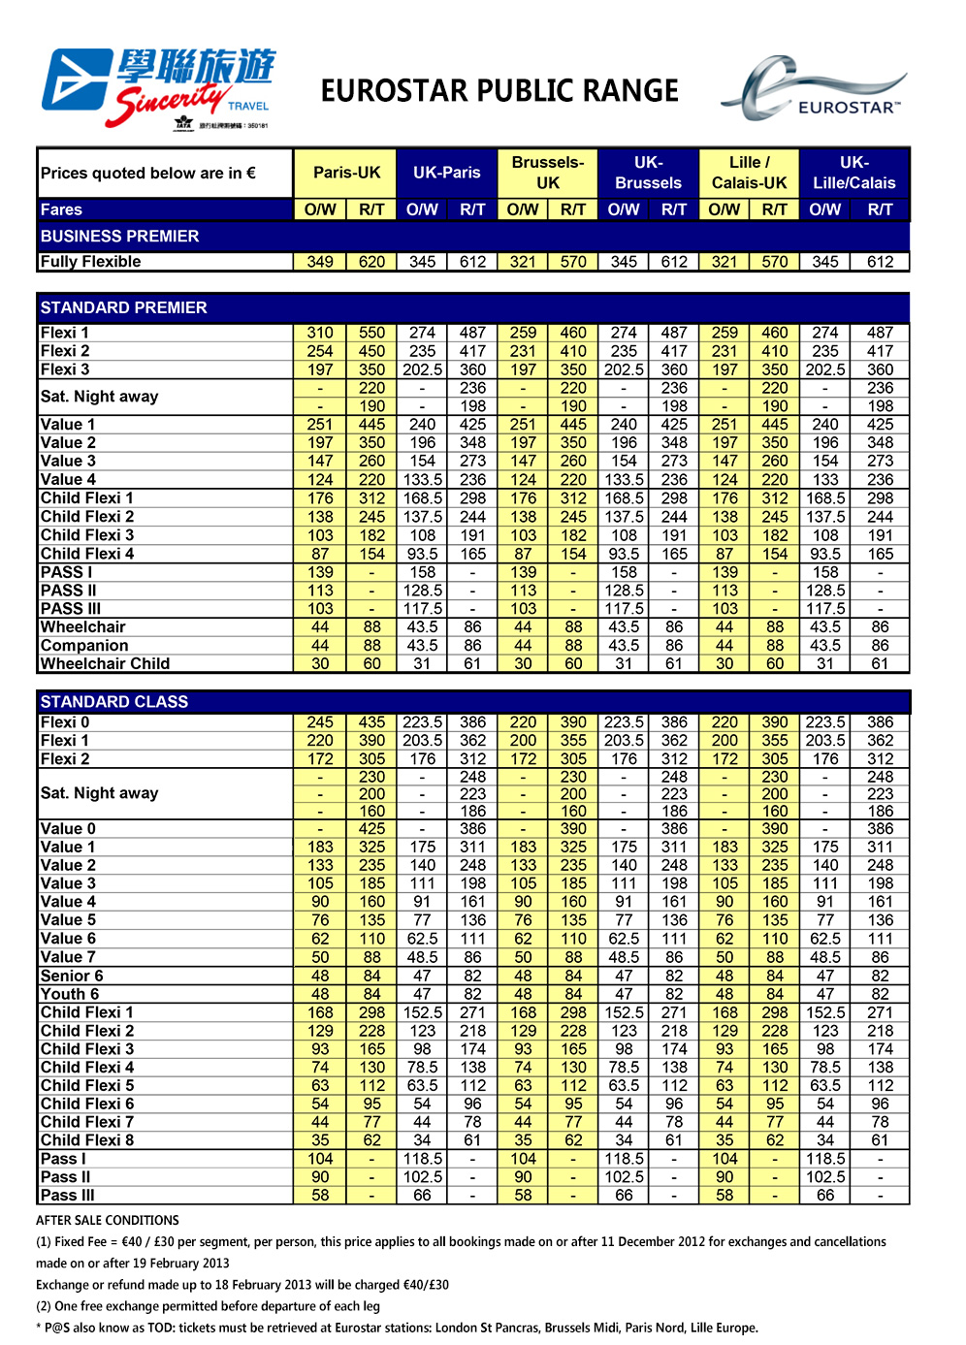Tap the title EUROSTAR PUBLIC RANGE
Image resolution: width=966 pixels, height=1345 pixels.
pyautogui.click(x=499, y=91)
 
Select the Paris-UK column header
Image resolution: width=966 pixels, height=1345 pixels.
pyautogui.click(x=346, y=173)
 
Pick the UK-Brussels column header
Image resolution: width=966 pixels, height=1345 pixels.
pyautogui.click(x=648, y=173)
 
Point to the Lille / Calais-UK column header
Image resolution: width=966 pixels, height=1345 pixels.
pyautogui.click(x=749, y=173)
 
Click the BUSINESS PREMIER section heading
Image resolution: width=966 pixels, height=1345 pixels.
pyautogui.click(x=119, y=237)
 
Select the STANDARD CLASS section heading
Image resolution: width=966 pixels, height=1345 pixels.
pyautogui.click(x=114, y=702)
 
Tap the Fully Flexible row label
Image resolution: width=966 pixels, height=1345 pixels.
pyautogui.click(x=91, y=262)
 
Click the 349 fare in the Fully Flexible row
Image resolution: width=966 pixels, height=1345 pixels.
pyautogui.click(x=320, y=262)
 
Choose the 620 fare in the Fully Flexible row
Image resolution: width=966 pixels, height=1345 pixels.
pyautogui.click(x=371, y=262)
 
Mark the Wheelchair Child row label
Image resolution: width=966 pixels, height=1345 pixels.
pyautogui.click(x=105, y=664)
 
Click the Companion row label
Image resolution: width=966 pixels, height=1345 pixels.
pyautogui.click(x=84, y=646)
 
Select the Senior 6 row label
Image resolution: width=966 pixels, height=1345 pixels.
pyautogui.click(x=72, y=977)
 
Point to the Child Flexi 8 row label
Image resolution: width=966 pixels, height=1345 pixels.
pyautogui.click(x=87, y=1140)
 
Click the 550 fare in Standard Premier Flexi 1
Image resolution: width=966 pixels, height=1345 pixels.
pyautogui.click(x=371, y=333)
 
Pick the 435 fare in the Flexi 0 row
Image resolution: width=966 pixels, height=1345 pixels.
pyautogui.click(x=371, y=722)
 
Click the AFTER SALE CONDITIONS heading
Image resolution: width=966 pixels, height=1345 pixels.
pyautogui.click(x=108, y=1221)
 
